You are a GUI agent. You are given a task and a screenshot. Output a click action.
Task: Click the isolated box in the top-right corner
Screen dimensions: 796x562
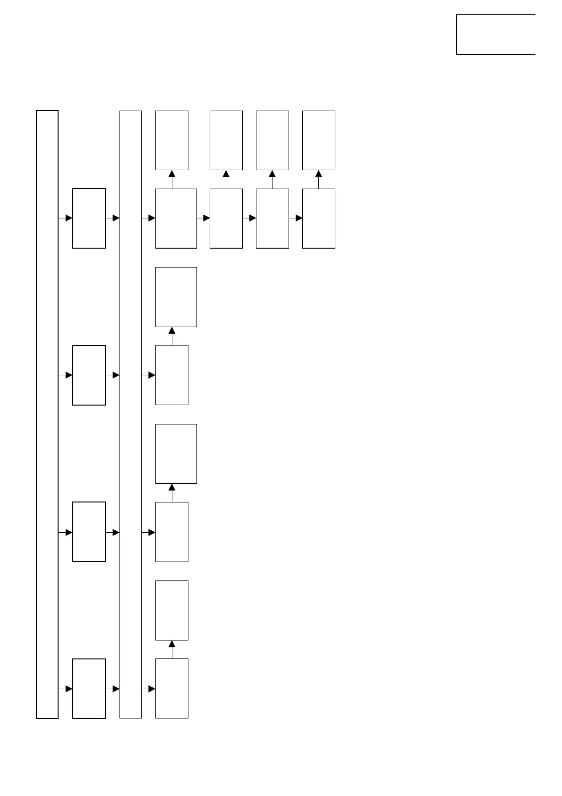[x=495, y=34]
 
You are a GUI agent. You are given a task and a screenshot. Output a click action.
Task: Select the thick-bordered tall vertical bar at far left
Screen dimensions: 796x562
[x=47, y=414]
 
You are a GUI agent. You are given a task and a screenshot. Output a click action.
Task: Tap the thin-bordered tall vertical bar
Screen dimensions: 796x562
[x=130, y=414]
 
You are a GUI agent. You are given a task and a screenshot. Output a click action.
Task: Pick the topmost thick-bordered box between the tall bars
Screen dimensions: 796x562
[x=89, y=218]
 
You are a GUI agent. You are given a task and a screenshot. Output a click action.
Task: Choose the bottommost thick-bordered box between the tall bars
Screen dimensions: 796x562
[x=89, y=688]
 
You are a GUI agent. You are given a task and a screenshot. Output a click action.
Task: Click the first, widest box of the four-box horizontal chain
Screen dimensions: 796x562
[x=176, y=218]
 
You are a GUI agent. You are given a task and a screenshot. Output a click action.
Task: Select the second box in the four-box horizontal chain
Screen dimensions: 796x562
[x=226, y=218]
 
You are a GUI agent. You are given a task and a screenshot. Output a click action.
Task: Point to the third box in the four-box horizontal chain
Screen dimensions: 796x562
[x=272, y=218]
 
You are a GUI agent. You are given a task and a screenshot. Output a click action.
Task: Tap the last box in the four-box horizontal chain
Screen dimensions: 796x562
[x=318, y=218]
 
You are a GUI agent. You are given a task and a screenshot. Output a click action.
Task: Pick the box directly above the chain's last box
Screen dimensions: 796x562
[x=318, y=140]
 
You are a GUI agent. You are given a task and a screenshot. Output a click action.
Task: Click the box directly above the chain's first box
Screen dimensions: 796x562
[x=172, y=140]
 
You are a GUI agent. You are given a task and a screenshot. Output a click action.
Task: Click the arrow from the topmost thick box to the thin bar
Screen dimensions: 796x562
[x=113, y=218]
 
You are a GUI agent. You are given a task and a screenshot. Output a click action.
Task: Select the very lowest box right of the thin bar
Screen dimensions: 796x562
[x=172, y=688]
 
